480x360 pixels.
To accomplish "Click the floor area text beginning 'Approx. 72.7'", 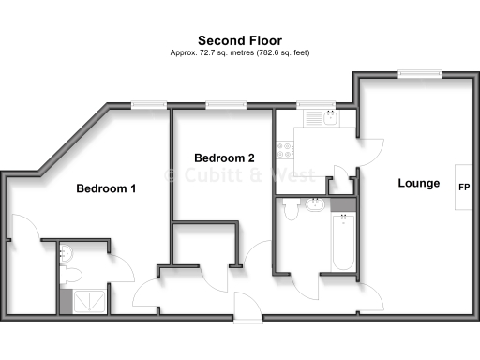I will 240,52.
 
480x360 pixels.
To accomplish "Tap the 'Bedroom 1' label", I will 106,188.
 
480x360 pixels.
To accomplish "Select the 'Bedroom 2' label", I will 224,157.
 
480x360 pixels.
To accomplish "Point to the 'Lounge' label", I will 418,183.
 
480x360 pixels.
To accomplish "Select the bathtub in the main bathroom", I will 343,241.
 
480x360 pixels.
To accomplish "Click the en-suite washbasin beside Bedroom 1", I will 66,251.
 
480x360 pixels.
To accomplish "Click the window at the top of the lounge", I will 409,74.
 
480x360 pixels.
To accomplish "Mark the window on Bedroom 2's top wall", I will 220,105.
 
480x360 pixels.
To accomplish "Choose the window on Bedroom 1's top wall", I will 143,105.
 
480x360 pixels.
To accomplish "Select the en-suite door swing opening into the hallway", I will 120,269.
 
